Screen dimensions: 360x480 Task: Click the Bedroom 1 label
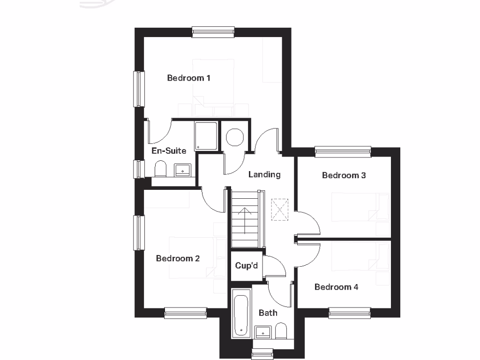(x=188, y=78)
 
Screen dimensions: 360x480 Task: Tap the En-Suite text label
(x=169, y=151)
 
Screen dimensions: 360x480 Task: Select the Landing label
(x=264, y=174)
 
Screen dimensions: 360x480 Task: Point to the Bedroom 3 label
(x=344, y=175)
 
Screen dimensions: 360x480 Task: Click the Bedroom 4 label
(x=336, y=287)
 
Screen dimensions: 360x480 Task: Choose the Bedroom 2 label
(x=178, y=258)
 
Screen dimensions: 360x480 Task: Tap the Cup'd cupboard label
(x=247, y=266)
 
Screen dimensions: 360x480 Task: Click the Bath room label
(x=268, y=313)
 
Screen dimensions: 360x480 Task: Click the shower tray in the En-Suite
(x=206, y=136)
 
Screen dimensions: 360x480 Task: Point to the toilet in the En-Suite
(x=161, y=169)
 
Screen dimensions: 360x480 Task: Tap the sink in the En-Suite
(x=182, y=170)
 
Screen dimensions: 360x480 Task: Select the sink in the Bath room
(x=263, y=332)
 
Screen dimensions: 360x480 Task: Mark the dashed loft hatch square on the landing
(x=281, y=209)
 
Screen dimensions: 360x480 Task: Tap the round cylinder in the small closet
(x=234, y=137)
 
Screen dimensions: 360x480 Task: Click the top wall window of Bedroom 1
(x=213, y=32)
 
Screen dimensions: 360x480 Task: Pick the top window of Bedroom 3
(x=343, y=151)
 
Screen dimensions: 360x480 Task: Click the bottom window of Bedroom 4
(x=350, y=313)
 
